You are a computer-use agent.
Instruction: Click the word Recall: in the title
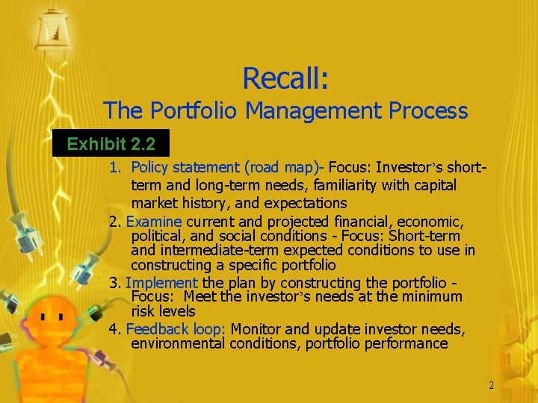tap(291, 77)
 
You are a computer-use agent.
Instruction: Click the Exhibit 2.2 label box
tap(111, 143)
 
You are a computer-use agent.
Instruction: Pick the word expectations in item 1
tap(305, 203)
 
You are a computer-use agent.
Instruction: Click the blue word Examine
tap(154, 222)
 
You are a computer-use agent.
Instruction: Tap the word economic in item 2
tap(429, 222)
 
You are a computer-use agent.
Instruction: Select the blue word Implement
tap(161, 283)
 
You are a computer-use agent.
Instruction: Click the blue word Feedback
tap(152, 329)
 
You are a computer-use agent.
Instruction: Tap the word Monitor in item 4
tap(256, 329)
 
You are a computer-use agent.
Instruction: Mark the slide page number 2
tap(491, 386)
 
